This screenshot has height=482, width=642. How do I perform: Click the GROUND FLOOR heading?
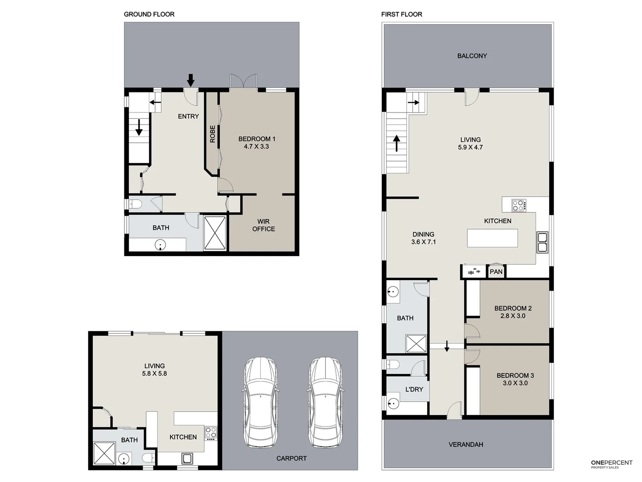click(x=149, y=14)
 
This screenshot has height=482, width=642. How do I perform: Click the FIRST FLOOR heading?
click(x=401, y=14)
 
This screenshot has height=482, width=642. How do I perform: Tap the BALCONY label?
click(x=472, y=56)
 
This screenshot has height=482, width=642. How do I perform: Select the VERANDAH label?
click(x=465, y=445)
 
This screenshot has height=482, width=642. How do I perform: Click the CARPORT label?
click(x=291, y=458)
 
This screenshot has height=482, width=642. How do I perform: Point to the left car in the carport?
click(x=260, y=402)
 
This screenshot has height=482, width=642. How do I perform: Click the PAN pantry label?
click(x=496, y=271)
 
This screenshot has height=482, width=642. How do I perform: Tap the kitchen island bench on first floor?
click(x=492, y=238)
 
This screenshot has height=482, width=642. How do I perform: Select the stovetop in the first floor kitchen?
click(x=518, y=205)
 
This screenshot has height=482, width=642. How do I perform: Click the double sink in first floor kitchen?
click(x=542, y=242)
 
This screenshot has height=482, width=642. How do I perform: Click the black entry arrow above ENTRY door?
click(x=190, y=80)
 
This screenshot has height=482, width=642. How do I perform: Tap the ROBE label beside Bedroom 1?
click(x=212, y=134)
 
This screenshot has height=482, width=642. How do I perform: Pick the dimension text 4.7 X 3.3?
click(x=256, y=146)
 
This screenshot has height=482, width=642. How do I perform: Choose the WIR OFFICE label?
click(x=263, y=225)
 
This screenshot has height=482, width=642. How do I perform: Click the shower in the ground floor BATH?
click(x=215, y=233)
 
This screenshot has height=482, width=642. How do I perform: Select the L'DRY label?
click(x=414, y=389)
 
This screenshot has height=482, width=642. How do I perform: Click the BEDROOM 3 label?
click(x=515, y=375)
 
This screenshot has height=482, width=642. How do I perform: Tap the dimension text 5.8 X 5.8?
click(x=154, y=374)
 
